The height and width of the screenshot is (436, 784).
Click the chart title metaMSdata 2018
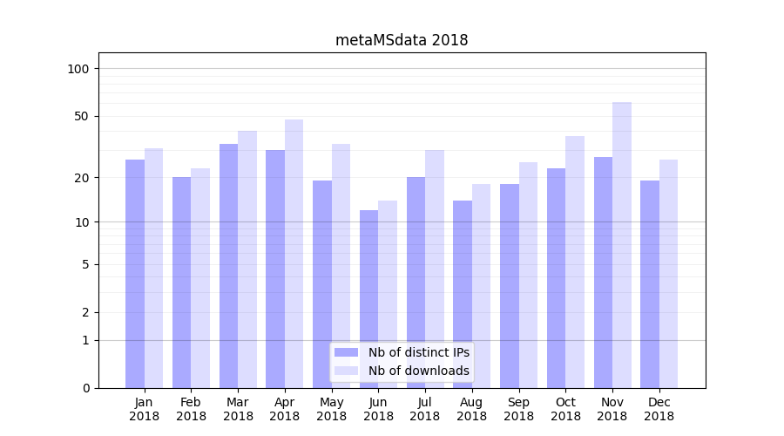point(402,40)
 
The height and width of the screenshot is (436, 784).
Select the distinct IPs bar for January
point(135,274)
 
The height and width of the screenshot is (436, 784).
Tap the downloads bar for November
point(622,245)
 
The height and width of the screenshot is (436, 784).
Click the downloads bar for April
point(294,254)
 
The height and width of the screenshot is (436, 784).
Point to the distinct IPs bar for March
point(228,266)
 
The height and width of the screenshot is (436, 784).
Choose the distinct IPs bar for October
point(556,278)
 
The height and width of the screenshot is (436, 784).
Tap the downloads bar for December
point(668,274)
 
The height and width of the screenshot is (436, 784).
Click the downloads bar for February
point(200,278)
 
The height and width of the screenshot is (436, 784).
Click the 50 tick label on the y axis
point(82,116)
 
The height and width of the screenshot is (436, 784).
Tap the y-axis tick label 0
point(85,388)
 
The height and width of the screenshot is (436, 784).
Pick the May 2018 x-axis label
point(331,409)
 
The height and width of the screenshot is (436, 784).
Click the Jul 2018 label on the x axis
point(425,409)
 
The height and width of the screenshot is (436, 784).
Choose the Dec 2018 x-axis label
point(659,409)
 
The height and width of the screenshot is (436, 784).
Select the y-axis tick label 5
point(85,264)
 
